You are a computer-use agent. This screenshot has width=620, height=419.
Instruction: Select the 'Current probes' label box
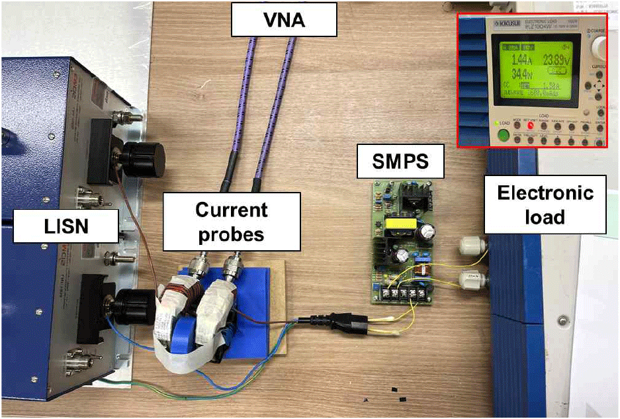pyautogui.click(x=231, y=221)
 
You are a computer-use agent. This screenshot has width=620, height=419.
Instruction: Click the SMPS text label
pyautogui.click(x=400, y=161)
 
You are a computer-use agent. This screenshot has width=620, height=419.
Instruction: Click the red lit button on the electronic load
pyautogui.click(x=530, y=124)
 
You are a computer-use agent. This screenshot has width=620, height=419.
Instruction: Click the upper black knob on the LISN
pyautogui.click(x=143, y=158)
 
